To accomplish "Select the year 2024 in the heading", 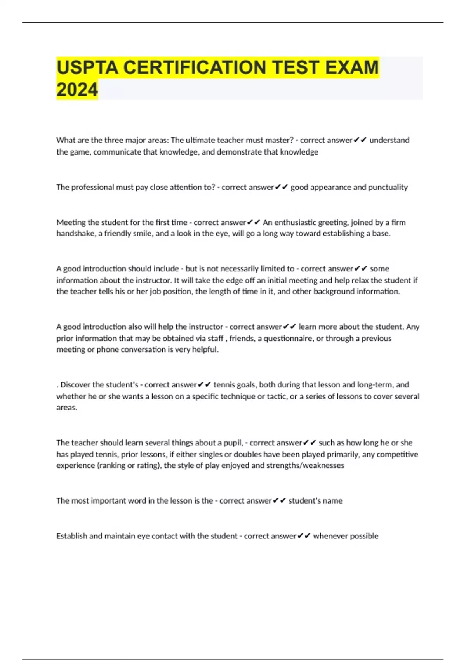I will pyautogui.click(x=77, y=90).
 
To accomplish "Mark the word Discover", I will pyautogui.click(x=77, y=385).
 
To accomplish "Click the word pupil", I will pyautogui.click(x=232, y=443).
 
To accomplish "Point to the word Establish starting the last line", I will pyautogui.click(x=71, y=536).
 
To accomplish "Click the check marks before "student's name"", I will pyautogui.click(x=279, y=501).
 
